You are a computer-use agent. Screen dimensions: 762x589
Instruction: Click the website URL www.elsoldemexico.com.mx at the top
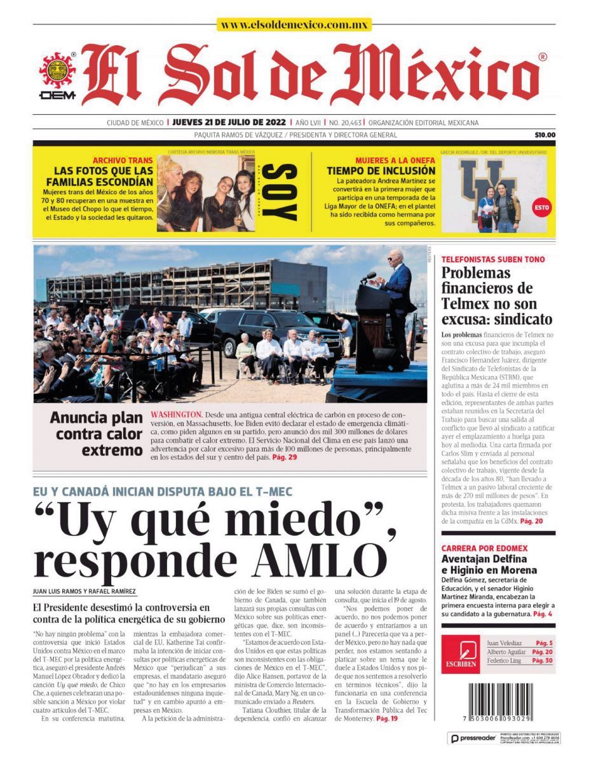294,25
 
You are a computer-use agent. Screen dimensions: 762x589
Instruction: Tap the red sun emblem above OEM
58,70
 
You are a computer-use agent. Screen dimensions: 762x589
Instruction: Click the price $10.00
545,135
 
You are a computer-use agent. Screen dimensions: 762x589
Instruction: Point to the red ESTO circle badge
542,207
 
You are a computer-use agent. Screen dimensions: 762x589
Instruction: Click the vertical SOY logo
278,192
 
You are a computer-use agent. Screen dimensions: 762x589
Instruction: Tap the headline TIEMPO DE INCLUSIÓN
381,171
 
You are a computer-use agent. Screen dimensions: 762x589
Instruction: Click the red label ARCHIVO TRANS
123,161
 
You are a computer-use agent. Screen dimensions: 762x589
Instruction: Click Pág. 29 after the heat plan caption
284,457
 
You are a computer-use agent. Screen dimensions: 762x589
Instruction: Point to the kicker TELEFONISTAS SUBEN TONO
492,260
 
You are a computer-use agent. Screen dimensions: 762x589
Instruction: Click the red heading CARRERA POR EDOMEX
484,548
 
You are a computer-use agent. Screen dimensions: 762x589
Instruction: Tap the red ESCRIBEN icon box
459,655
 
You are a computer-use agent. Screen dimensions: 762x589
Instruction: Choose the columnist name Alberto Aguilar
506,652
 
